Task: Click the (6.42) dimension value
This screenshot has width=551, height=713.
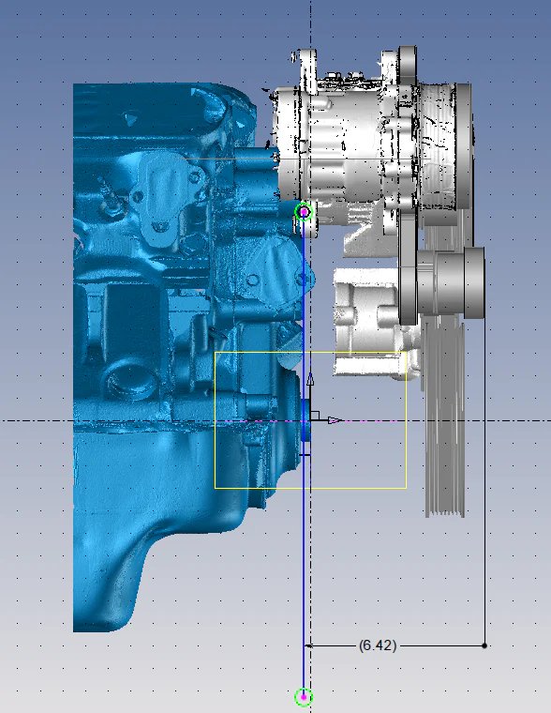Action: click(378, 645)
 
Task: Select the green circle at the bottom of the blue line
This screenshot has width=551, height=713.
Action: click(304, 697)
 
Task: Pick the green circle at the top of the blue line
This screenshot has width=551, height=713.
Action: click(304, 212)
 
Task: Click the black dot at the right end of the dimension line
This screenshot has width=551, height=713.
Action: click(484, 645)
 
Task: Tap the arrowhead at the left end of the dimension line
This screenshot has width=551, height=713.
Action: click(307, 645)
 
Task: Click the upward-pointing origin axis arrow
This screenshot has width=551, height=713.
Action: click(311, 379)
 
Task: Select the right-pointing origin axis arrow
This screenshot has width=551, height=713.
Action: click(335, 420)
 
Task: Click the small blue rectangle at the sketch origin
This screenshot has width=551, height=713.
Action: click(305, 420)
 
